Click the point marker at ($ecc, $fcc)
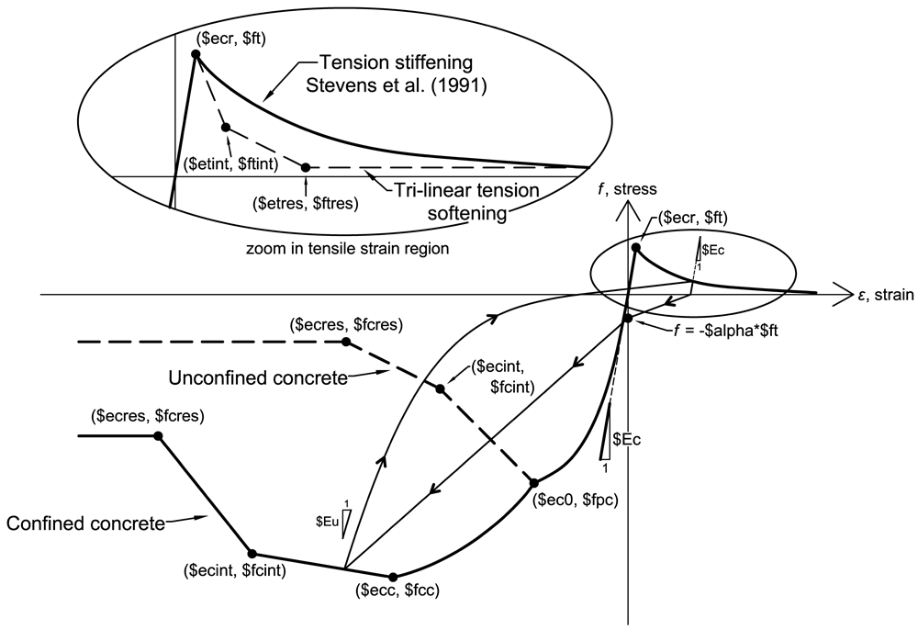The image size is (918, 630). [x=394, y=578]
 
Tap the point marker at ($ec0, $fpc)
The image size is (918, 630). [x=534, y=483]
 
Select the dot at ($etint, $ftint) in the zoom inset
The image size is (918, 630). [x=226, y=127]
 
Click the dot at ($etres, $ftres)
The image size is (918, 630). [x=306, y=167]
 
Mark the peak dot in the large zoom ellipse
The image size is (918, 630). [x=196, y=54]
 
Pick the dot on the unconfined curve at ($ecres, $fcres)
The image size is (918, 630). [x=346, y=342]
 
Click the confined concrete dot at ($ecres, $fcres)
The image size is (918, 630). [x=158, y=435]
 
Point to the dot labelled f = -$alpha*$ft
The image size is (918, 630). [x=627, y=319]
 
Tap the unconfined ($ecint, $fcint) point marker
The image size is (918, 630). [x=441, y=388]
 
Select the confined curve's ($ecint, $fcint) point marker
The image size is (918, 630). [x=252, y=553]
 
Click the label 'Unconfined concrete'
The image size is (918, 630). [x=258, y=378]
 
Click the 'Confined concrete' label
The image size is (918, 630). [x=86, y=523]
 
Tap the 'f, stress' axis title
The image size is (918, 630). [x=627, y=189]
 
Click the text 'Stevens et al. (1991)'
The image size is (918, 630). [x=397, y=86]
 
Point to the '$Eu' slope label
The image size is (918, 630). [x=328, y=521]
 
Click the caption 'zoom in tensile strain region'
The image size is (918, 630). [x=348, y=249]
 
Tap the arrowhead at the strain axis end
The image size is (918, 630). [x=844, y=294]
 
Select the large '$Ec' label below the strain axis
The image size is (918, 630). [x=627, y=439]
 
